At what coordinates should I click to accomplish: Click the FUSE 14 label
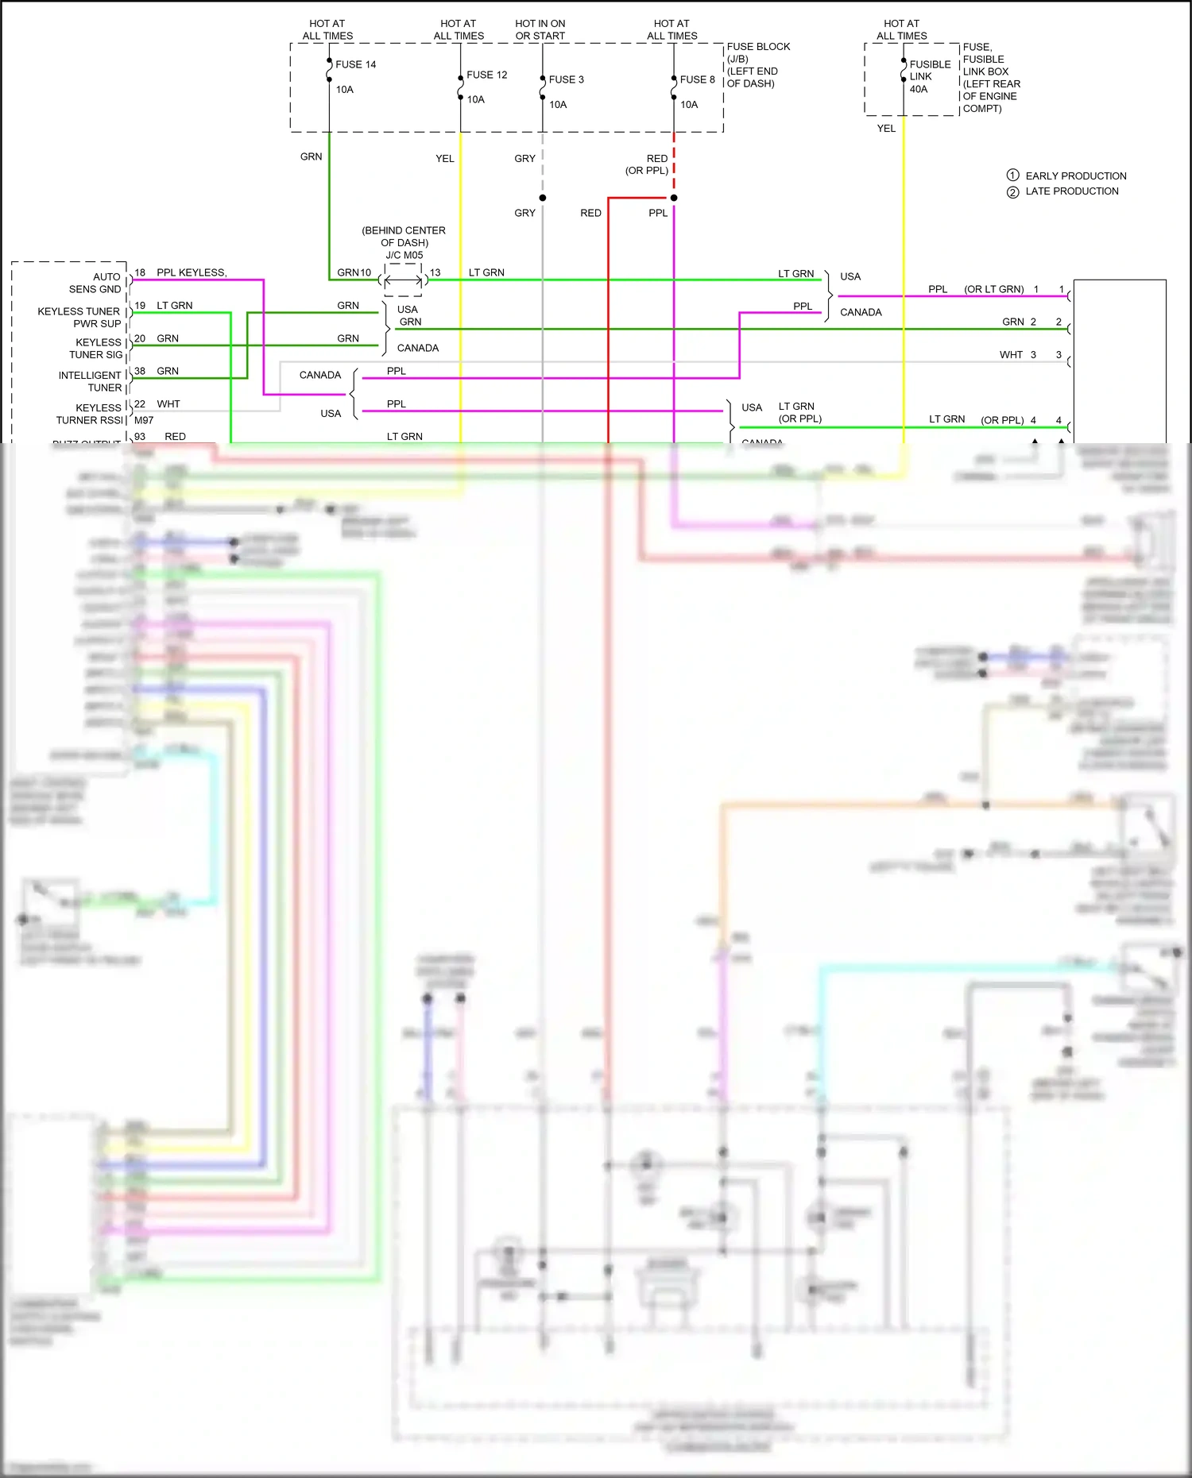click(355, 64)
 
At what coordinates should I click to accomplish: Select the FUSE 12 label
click(486, 75)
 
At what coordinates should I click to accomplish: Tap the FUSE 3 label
click(566, 79)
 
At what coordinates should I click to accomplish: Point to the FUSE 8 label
click(697, 79)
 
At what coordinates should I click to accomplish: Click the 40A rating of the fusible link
click(918, 89)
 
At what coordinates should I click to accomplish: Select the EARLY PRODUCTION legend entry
click(1075, 176)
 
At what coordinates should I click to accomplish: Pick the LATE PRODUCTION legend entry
click(1071, 191)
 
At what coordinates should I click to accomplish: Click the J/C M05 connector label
click(404, 255)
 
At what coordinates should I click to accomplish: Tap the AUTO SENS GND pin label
click(95, 283)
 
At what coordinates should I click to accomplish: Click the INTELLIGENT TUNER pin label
click(90, 381)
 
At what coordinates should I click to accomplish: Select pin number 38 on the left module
click(140, 371)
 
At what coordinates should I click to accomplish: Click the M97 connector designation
click(144, 420)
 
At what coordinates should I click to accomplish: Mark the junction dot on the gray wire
click(543, 198)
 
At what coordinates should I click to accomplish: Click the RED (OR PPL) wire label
click(647, 164)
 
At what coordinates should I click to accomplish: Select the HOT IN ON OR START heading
click(540, 29)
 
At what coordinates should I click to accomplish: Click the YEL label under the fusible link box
click(886, 128)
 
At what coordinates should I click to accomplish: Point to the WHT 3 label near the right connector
click(1017, 355)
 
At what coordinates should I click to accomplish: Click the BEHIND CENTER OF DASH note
click(404, 236)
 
